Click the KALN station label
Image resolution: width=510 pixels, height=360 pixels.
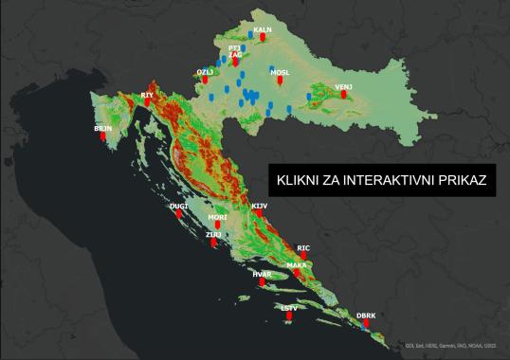(x=264, y=29)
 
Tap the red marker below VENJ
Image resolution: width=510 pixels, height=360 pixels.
(x=343, y=95)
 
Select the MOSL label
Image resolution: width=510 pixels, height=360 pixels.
(x=280, y=71)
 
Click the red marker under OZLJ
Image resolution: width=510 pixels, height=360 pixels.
(x=205, y=81)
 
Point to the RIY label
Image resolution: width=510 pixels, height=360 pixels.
(x=147, y=95)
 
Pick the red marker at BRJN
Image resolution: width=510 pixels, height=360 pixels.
(x=103, y=135)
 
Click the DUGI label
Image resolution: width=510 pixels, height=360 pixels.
(x=178, y=206)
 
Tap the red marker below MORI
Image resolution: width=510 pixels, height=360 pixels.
(x=217, y=227)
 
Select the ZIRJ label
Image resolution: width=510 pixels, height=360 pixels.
(x=214, y=234)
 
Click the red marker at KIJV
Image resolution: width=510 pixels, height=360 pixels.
(x=259, y=214)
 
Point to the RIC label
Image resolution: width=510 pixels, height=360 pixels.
(x=303, y=247)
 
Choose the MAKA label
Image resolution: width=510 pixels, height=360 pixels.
(x=297, y=265)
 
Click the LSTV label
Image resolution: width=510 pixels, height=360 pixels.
(x=290, y=307)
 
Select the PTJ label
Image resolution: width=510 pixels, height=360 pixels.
(x=234, y=46)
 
